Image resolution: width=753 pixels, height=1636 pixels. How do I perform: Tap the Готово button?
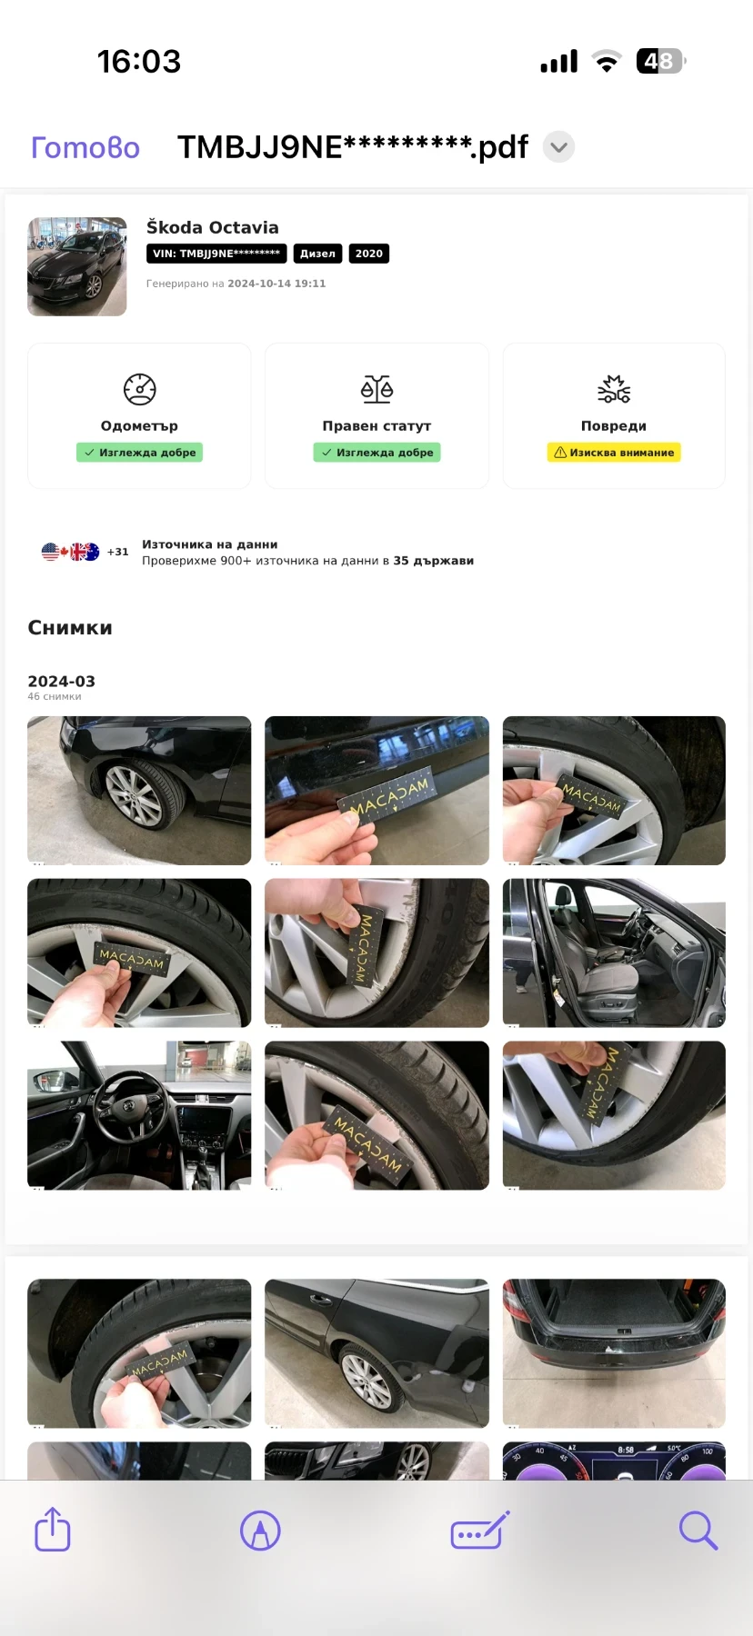coord(85,147)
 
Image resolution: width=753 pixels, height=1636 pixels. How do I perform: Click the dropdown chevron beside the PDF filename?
coord(558,147)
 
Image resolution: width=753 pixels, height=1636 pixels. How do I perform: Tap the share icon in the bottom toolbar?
coord(53,1530)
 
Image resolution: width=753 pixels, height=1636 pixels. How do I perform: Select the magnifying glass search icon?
coord(698,1530)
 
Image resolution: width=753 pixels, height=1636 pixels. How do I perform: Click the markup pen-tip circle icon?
coord(260,1531)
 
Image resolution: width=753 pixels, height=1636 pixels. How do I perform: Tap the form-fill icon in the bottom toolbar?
coord(480,1531)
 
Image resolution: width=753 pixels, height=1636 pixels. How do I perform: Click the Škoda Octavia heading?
coord(213,227)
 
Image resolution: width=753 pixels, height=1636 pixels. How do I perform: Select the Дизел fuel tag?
coord(317,254)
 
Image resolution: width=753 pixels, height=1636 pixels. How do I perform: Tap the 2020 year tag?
coord(368,254)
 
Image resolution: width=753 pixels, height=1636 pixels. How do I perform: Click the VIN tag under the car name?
coord(216,254)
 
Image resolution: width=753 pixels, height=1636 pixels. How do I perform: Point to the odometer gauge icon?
coord(140,389)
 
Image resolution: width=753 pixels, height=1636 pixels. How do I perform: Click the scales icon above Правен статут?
coord(376,389)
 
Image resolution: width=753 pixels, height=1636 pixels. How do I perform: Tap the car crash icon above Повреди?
coord(614,389)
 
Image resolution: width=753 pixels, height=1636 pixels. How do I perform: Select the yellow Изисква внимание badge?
coord(614,453)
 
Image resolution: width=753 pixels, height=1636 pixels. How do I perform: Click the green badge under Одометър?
coord(139,453)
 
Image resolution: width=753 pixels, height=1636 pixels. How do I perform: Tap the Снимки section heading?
coord(70,627)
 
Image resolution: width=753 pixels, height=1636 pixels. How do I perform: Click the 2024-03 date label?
coord(61,681)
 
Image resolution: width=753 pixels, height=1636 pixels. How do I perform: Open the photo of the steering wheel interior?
coord(139,1115)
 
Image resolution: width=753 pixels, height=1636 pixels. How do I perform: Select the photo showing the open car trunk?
coord(614,1352)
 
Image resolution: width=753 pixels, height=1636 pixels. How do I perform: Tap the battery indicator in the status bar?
coord(661,61)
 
